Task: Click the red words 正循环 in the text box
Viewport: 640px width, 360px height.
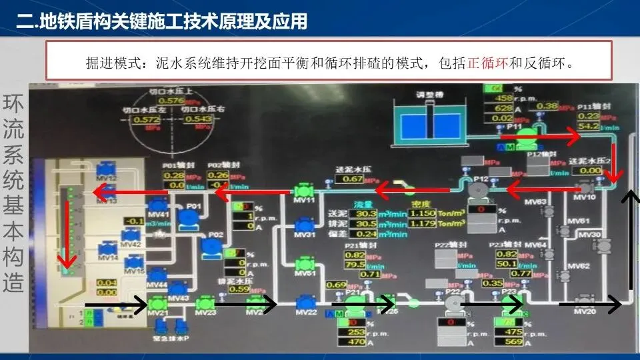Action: click(488, 64)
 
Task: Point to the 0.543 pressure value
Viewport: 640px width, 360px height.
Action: click(199, 119)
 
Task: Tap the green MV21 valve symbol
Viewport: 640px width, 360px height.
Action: click(157, 303)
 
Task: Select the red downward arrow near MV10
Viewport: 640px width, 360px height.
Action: click(615, 160)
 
